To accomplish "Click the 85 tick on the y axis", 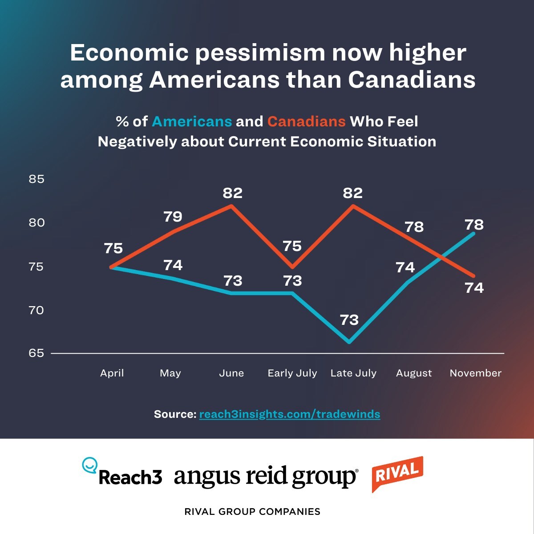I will (36, 179).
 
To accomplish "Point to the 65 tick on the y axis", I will (36, 353).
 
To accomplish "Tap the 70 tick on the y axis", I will (36, 310).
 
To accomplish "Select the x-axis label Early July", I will (292, 373).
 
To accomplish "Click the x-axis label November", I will (475, 373).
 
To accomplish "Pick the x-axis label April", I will (112, 373).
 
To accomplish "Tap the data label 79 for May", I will (173, 217).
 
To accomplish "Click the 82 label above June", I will (233, 193).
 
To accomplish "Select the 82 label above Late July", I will (352, 193).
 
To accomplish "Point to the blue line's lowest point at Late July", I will (350, 342).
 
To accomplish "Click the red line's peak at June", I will (231, 206).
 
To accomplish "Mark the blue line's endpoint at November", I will (473, 233).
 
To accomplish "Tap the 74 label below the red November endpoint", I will (474, 288).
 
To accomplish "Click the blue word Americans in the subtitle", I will (192, 121).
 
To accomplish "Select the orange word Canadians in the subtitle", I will (306, 121).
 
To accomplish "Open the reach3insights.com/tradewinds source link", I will (289, 414).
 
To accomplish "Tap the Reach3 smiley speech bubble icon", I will (90, 465).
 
